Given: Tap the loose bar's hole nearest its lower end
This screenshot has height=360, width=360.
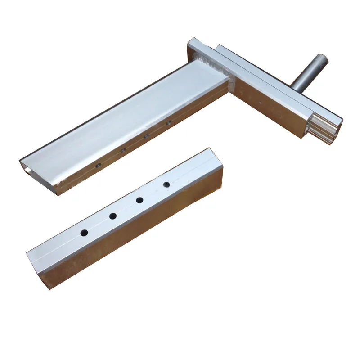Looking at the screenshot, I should [x=84, y=233].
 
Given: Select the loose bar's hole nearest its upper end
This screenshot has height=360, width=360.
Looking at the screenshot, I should [x=166, y=184].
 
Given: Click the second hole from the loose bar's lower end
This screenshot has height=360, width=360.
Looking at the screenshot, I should [x=112, y=216].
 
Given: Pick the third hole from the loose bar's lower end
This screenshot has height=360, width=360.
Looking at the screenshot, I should [x=139, y=200].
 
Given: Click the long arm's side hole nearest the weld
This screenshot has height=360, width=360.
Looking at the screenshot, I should [x=168, y=122].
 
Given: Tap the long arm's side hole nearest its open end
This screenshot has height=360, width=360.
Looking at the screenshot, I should [x=98, y=165].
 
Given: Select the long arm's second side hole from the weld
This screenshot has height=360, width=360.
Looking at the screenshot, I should [x=145, y=136].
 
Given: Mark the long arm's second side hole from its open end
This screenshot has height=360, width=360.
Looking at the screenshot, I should [x=122, y=150].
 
